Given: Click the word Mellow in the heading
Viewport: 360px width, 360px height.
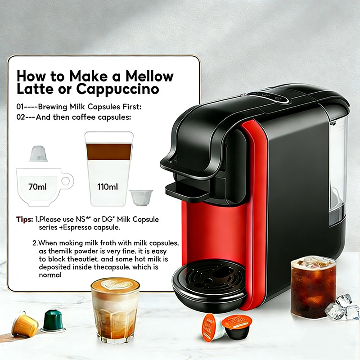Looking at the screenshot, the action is pos(149,76).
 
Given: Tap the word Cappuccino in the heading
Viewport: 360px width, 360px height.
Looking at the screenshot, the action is pos(117,89).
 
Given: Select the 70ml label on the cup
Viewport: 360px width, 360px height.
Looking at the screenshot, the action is pos(37,187).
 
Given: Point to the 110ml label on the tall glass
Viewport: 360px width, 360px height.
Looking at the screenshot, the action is pos(108,187).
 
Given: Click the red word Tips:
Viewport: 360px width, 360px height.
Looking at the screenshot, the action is pos(25,220).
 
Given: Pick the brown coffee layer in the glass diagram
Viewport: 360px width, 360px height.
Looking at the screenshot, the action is pos(109,152).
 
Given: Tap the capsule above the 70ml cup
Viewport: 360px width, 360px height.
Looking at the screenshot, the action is pos(38,153).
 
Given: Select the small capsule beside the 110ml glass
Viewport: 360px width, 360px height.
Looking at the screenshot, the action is pos(141,198).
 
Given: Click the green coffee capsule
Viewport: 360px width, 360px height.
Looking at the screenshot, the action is pos(53,321).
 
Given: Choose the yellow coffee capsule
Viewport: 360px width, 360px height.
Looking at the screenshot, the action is pos(25,324).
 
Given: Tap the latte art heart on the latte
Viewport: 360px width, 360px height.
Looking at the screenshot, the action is pos(115,284).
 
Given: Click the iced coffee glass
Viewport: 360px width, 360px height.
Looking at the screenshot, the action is pos(313,287).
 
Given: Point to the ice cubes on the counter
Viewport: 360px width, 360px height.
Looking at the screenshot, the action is pos(342,308).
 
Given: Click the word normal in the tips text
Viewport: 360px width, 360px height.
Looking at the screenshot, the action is pos(50,275).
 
